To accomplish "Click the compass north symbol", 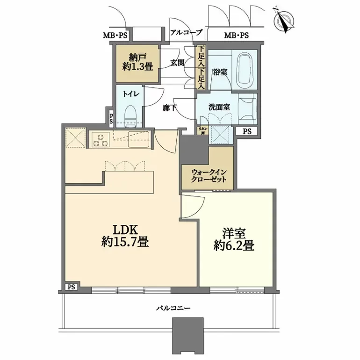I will click(283, 20).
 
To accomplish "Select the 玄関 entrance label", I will click(176, 62).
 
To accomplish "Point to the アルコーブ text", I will click(186, 33).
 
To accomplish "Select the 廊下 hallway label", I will click(169, 107).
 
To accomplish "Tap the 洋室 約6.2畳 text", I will click(234, 239).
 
